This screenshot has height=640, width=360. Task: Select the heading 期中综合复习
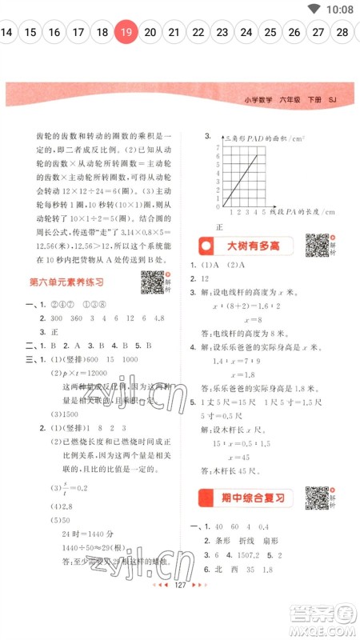(x=250, y=498)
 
